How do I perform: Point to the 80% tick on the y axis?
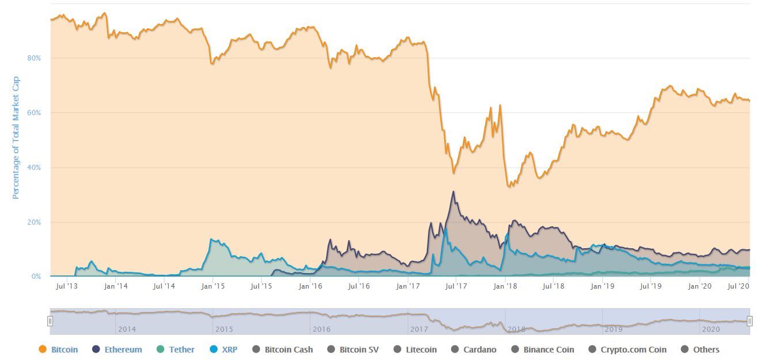tap(34, 58)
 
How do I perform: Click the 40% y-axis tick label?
tap(34, 168)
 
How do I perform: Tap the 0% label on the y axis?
tap(36, 277)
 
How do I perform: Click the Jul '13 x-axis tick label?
tap(67, 286)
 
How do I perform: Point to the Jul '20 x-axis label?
tap(740, 286)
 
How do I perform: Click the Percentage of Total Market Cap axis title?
tap(16, 138)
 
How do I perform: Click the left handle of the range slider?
tap(50, 321)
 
